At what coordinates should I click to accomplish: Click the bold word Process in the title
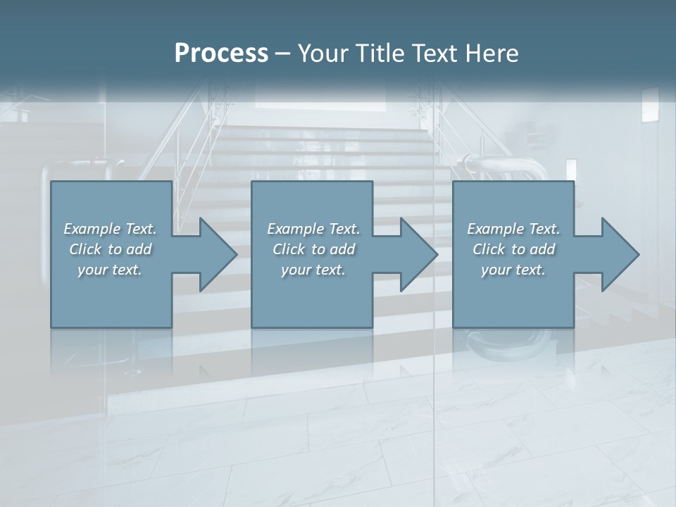(x=221, y=54)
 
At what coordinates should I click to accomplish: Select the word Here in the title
(x=492, y=54)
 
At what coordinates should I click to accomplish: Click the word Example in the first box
(x=92, y=229)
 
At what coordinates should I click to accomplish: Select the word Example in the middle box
(x=295, y=229)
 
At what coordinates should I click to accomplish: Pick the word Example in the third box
(x=495, y=229)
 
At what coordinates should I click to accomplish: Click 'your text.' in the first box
(x=110, y=270)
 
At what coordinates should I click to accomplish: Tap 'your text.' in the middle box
(x=313, y=270)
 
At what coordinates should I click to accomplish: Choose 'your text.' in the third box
(x=513, y=270)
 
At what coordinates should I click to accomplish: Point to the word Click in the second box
(x=288, y=249)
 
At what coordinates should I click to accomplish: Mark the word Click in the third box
(x=488, y=249)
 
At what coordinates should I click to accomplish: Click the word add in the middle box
(x=342, y=249)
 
